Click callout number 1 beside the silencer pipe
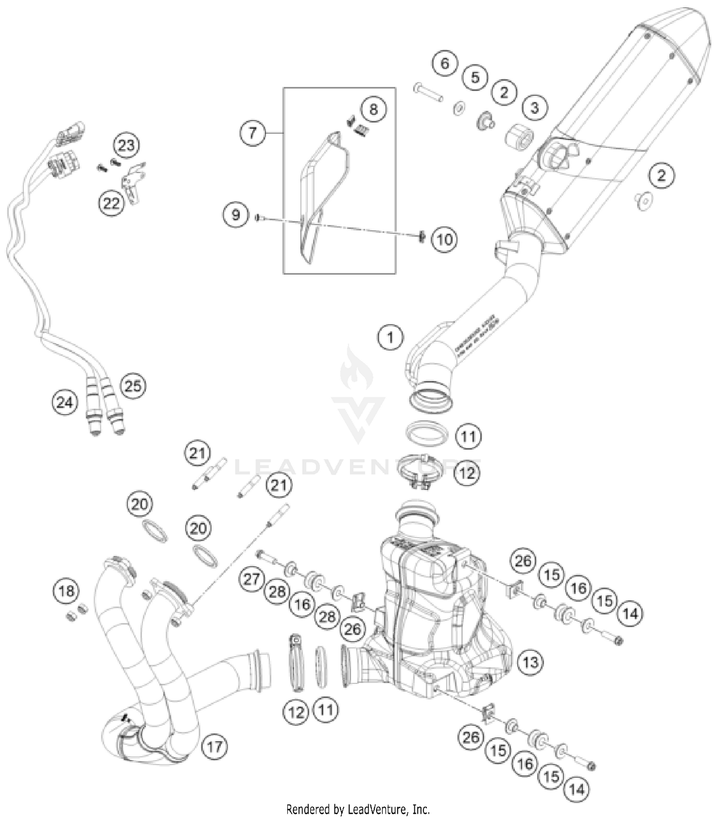coord(390,337)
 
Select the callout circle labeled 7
coord(252,132)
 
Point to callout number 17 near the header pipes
coord(214,746)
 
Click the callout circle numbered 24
coord(65,402)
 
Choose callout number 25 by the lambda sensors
coord(133,386)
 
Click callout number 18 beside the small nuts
coord(66,591)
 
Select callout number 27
coord(252,579)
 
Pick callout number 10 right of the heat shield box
coord(444,239)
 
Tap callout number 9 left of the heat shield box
coord(236,214)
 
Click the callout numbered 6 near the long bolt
coord(445,63)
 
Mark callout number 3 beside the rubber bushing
coord(534,108)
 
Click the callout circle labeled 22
coord(111,204)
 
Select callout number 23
coord(126,145)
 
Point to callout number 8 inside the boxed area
coord(373,109)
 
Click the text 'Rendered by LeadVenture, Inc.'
coord(358,809)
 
